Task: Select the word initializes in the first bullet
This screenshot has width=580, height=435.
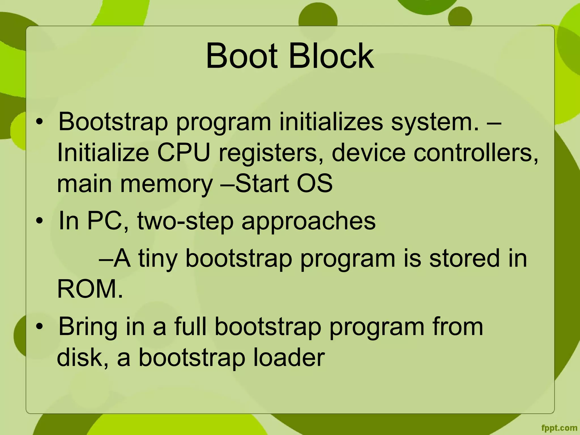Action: pos(331,122)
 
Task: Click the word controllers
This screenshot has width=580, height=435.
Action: pos(476,153)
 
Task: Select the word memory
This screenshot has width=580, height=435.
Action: pos(167,184)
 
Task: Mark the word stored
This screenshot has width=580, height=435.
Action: pos(464,258)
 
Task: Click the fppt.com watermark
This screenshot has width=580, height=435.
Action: pos(559,428)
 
